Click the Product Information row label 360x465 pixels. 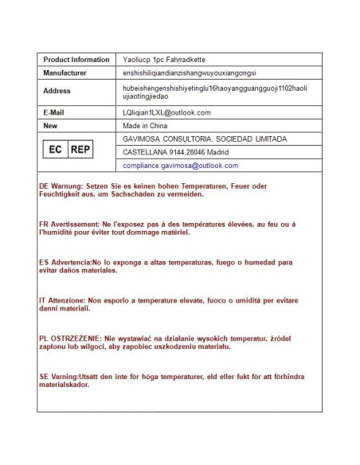click(x=76, y=60)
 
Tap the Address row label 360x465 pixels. click(x=57, y=91)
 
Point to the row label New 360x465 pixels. click(x=50, y=125)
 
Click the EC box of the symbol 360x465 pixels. click(x=55, y=150)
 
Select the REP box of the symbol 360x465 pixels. click(x=80, y=150)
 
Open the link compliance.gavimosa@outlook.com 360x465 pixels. click(x=180, y=166)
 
